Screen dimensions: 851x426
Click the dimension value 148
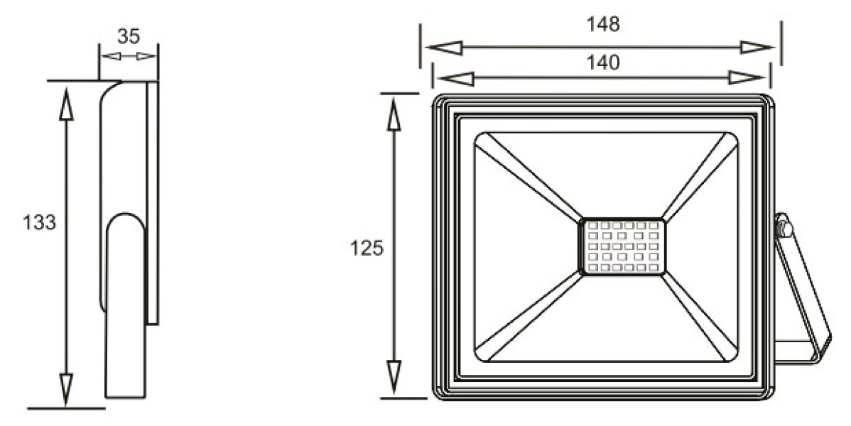(603, 24)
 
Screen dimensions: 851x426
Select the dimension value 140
(603, 63)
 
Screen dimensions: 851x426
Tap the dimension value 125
(367, 248)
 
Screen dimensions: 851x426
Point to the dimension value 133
(39, 222)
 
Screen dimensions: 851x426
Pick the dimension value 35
(129, 36)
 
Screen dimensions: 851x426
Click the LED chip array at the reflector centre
(622, 247)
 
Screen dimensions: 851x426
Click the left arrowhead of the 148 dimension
(444, 47)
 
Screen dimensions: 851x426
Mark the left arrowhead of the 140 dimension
(456, 78)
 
